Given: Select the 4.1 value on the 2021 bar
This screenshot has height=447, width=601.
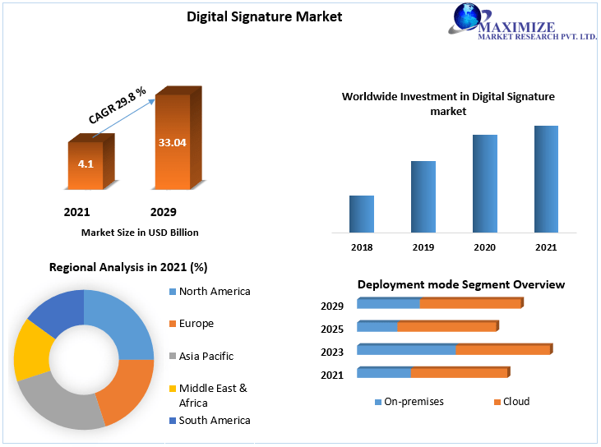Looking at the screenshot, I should (x=86, y=164).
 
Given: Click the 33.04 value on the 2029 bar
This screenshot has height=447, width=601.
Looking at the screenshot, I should (x=172, y=142).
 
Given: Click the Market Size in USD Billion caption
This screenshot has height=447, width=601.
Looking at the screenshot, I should (x=140, y=233).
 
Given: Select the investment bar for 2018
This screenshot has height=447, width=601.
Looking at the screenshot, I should (x=362, y=214).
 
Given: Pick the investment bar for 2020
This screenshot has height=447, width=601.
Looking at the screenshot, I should (x=485, y=183).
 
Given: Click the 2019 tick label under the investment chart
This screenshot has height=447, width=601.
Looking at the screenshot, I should (x=423, y=247).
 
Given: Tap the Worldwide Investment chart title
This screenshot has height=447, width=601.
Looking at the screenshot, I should (x=448, y=104).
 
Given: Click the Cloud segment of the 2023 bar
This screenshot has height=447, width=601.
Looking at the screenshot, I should (x=502, y=350).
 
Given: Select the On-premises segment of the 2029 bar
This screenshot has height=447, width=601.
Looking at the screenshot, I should (x=388, y=304).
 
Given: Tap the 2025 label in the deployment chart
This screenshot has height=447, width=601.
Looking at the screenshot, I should (x=332, y=329).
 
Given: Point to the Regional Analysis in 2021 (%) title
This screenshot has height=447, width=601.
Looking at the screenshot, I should (x=127, y=267).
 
